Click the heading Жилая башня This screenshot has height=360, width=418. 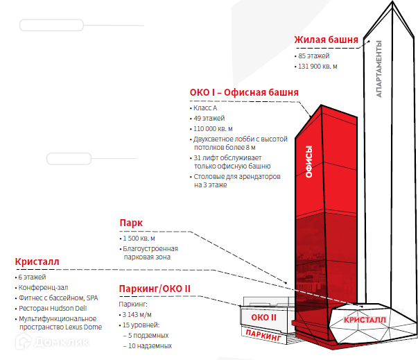(x=326, y=40)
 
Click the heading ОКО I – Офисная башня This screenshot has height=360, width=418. (x=244, y=92)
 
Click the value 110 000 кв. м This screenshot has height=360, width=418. (x=214, y=129)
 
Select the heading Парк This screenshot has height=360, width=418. (x=131, y=223)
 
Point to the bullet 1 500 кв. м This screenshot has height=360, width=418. (x=139, y=239)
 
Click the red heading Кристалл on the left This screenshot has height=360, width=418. (x=37, y=262)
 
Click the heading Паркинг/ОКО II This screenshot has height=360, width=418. (x=155, y=289)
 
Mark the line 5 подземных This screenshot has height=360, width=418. (x=149, y=335)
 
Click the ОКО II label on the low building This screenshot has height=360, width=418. (x=263, y=318)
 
